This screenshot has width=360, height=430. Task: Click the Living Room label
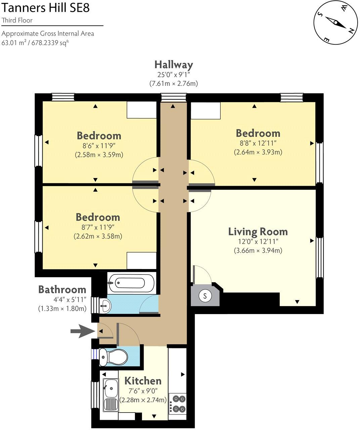click(x=258, y=232)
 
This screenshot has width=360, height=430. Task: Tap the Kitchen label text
click(x=143, y=381)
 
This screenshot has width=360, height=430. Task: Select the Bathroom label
click(x=62, y=290)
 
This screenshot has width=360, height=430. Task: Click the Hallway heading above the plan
click(x=174, y=65)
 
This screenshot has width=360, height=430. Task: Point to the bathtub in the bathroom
click(x=131, y=283)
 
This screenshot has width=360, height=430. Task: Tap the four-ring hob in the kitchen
click(x=177, y=404)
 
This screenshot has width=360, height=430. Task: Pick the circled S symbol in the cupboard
click(x=205, y=296)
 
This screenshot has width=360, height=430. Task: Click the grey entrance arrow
click(x=83, y=331)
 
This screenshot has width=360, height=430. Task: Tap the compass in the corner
click(x=335, y=23)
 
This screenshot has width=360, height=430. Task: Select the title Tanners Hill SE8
click(x=45, y=8)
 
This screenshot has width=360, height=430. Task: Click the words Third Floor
click(x=17, y=20)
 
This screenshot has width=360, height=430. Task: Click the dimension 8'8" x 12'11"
click(x=258, y=143)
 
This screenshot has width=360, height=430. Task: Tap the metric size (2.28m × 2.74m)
click(x=143, y=400)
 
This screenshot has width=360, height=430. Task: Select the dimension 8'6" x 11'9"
click(x=99, y=145)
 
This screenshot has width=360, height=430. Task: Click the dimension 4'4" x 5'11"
click(x=70, y=300)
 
